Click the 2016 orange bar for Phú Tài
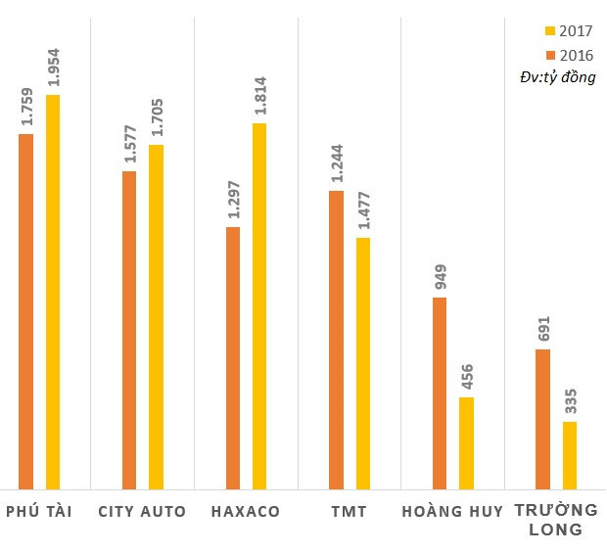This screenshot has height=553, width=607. (x=26, y=311)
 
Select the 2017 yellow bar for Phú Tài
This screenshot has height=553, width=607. (x=53, y=292)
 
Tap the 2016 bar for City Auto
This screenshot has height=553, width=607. (x=129, y=330)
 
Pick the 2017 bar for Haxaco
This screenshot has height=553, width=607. (x=259, y=305)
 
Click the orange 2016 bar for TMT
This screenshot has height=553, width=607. (x=336, y=340)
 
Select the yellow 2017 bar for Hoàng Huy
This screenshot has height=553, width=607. (x=466, y=442)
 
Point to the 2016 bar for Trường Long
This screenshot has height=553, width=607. (x=543, y=419)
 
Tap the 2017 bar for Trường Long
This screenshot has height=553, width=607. (x=570, y=455)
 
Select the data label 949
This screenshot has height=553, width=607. (x=440, y=278)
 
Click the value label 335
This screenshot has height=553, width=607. (x=570, y=402)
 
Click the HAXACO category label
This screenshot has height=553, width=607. (x=246, y=512)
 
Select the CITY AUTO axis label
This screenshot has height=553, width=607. (x=142, y=512)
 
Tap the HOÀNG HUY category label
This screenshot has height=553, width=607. (x=452, y=512)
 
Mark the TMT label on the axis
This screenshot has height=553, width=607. (x=350, y=512)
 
